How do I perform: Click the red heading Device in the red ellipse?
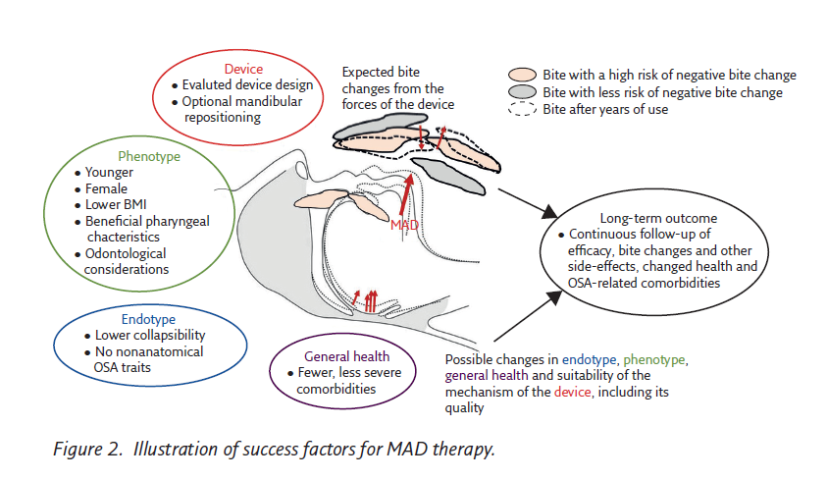243,69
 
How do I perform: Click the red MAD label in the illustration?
405,226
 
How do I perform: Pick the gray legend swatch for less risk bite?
523,92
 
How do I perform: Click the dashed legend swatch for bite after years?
523,109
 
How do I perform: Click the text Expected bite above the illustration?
383,72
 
